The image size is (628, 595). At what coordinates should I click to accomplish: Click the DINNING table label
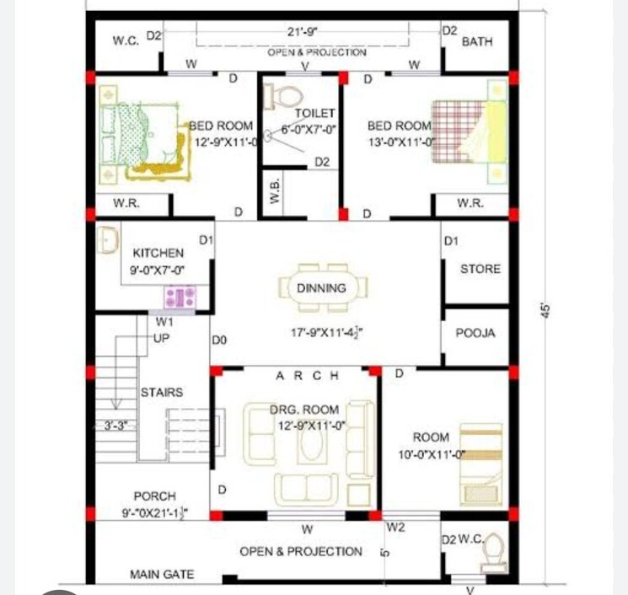[x=321, y=288]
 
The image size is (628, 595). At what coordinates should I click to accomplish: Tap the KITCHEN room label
[x=158, y=253]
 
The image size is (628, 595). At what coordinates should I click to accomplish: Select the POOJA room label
[x=475, y=333]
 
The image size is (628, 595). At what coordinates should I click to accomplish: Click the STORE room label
[x=480, y=269]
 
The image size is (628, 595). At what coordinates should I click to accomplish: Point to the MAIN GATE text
[x=161, y=574]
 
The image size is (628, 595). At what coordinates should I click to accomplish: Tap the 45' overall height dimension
[x=545, y=309]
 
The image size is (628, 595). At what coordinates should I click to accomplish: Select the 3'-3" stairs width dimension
[x=115, y=426]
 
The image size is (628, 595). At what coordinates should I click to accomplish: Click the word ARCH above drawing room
[x=307, y=375]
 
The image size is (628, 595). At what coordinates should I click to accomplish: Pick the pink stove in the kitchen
[x=180, y=296]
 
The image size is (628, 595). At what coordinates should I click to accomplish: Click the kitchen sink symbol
[x=107, y=240]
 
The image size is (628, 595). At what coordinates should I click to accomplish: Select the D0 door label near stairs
[x=219, y=341]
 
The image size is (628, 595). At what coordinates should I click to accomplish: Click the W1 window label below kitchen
[x=164, y=322]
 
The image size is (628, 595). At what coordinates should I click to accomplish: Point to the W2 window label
[x=396, y=528]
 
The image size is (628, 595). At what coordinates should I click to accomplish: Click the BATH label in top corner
[x=477, y=41]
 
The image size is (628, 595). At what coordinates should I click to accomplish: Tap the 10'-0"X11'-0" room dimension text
[x=433, y=455]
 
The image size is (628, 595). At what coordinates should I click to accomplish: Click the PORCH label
[x=154, y=496]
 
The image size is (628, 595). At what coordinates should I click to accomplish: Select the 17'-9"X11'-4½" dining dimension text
[x=327, y=333]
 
